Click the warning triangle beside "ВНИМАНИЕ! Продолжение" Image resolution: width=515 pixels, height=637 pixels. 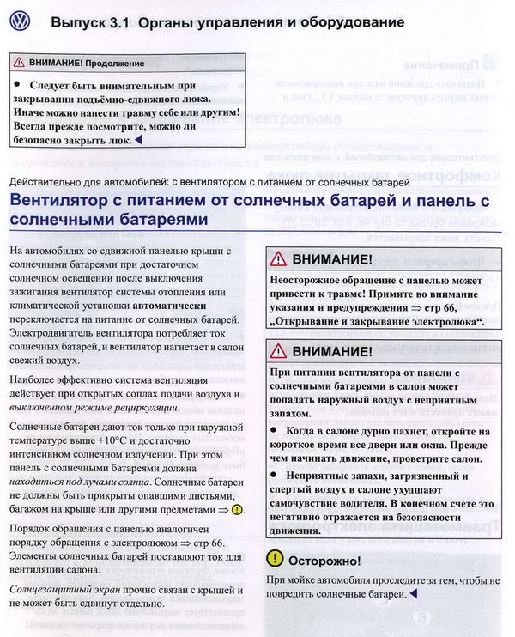click(19, 64)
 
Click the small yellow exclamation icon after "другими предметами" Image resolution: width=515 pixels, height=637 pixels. click(238, 510)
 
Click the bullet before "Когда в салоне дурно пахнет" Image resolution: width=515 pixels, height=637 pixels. click(274, 429)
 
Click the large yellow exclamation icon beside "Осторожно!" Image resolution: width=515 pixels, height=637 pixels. click(274, 559)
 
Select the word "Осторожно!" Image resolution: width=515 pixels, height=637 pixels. click(324, 560)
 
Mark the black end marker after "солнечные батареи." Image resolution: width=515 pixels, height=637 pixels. click(414, 593)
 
